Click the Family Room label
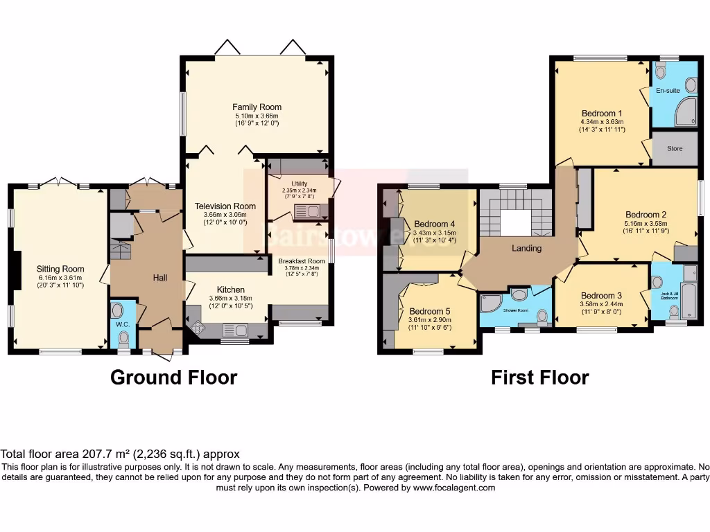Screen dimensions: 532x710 point(257,107)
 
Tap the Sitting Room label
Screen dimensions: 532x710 point(60,269)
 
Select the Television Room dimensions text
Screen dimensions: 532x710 point(225,219)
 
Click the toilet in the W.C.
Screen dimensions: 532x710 point(124,338)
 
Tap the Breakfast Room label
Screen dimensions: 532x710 point(302,261)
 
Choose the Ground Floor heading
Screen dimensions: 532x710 point(174,378)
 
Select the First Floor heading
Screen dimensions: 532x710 point(539,378)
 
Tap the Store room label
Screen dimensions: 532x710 point(675,149)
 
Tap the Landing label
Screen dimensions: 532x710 point(527,248)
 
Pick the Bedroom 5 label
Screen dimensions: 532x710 point(430,311)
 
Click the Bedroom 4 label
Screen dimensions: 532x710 point(435,224)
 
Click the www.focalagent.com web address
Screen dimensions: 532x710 point(454,488)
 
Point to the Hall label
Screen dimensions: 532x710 point(160,278)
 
